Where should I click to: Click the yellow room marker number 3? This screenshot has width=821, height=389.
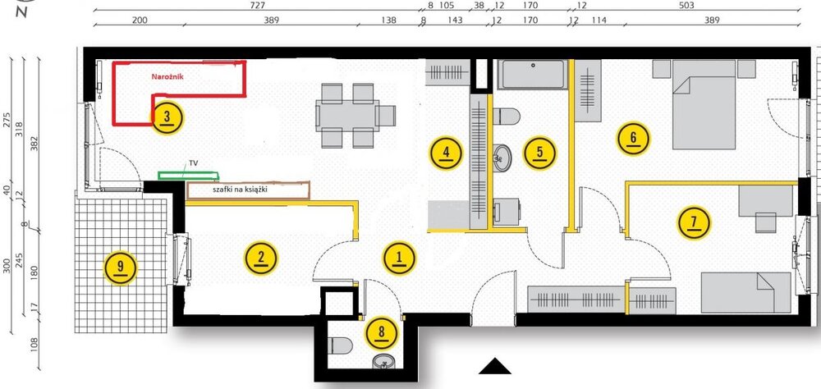(167, 117)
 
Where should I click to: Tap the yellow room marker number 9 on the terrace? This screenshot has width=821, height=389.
(121, 268)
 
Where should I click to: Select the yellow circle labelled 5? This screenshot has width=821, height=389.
(540, 153)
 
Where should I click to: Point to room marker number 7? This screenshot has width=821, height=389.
(694, 222)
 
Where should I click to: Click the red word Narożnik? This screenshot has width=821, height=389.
(168, 76)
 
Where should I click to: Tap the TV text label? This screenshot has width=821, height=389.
(193, 163)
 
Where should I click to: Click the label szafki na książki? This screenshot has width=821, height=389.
(240, 190)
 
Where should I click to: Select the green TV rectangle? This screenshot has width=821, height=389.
(189, 176)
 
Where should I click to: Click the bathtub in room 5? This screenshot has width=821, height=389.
(531, 75)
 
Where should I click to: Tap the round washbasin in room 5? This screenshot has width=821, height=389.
(502, 158)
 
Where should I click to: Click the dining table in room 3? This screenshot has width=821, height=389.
(347, 116)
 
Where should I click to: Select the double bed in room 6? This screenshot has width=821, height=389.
(704, 105)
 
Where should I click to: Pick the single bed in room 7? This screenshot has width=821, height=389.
(746, 292)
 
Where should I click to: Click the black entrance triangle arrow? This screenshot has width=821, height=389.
(495, 366)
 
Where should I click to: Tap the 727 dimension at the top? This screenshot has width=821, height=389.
(258, 5)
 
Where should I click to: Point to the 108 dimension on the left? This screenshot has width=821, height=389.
(34, 344)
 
